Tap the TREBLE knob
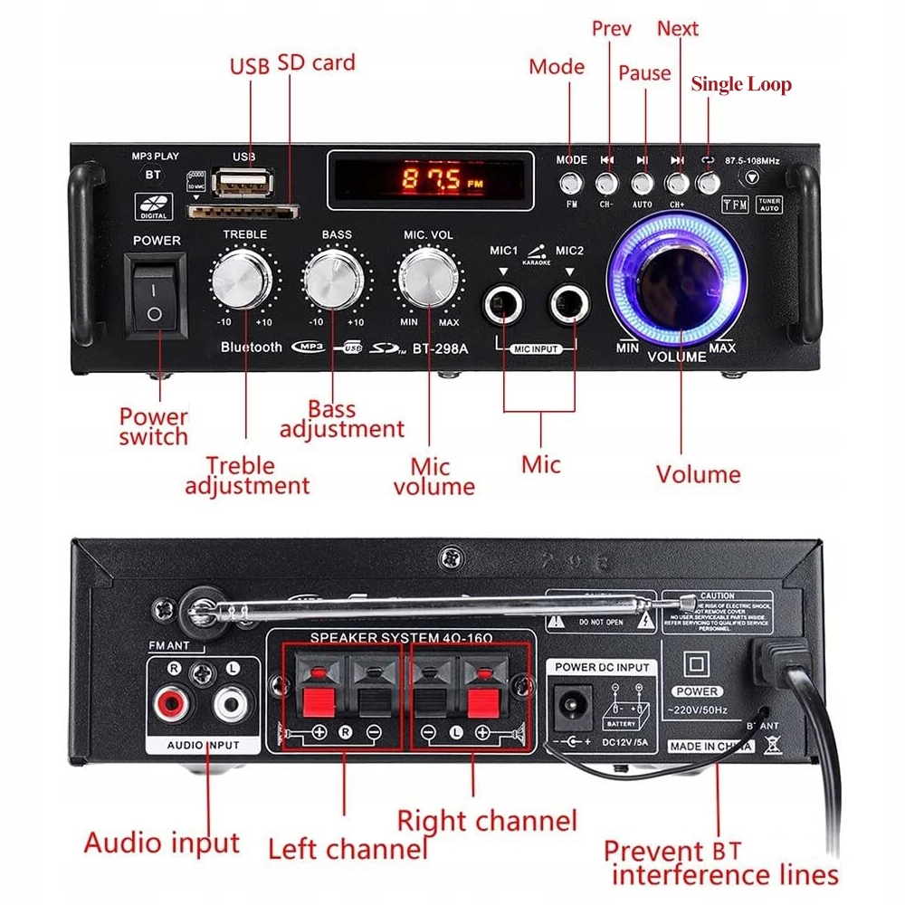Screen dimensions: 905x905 click(x=243, y=281)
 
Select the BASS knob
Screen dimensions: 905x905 click(x=336, y=281)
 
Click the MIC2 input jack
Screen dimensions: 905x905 click(x=568, y=305)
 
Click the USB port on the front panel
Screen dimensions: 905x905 click(x=243, y=184)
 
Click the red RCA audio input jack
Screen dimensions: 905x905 click(x=169, y=703)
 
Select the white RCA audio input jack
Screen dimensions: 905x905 click(x=231, y=703)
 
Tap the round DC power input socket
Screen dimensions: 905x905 click(x=571, y=703)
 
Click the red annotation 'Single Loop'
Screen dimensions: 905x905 click(x=740, y=85)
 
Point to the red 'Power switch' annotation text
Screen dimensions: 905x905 click(x=154, y=426)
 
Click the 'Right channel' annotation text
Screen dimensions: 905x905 click(x=487, y=821)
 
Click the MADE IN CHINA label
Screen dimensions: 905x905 click(x=710, y=747)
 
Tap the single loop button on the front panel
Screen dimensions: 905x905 click(x=709, y=182)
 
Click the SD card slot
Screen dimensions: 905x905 click(x=243, y=212)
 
